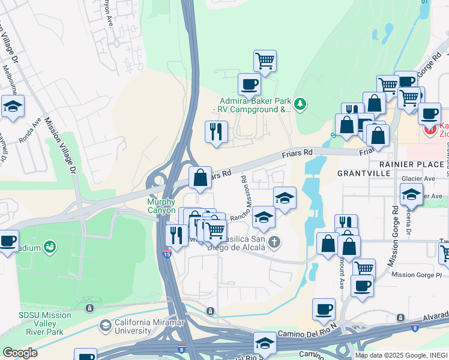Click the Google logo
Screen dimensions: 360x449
(20, 353)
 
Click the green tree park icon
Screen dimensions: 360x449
(301, 105)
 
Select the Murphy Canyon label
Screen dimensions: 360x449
(161, 206)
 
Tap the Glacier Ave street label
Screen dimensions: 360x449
(421, 178)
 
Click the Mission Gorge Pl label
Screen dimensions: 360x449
(416, 275)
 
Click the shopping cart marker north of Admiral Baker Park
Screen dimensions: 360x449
(265, 61)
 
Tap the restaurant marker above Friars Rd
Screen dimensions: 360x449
(216, 131)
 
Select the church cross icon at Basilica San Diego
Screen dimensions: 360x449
(274, 242)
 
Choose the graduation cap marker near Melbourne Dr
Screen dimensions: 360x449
(13, 106)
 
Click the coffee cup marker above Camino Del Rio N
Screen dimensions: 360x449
(324, 309)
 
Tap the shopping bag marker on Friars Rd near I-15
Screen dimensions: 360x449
(200, 178)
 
